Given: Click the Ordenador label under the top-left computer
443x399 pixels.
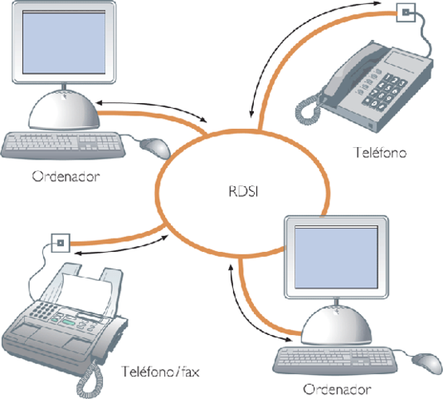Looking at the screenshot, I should pos(61,175).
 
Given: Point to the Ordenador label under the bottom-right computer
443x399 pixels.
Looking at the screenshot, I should pos(335,388).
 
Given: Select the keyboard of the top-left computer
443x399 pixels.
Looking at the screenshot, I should pos(62,145).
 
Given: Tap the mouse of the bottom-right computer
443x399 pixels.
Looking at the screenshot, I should pos(426,361).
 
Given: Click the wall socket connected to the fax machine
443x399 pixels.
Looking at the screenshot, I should pos(59,244).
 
